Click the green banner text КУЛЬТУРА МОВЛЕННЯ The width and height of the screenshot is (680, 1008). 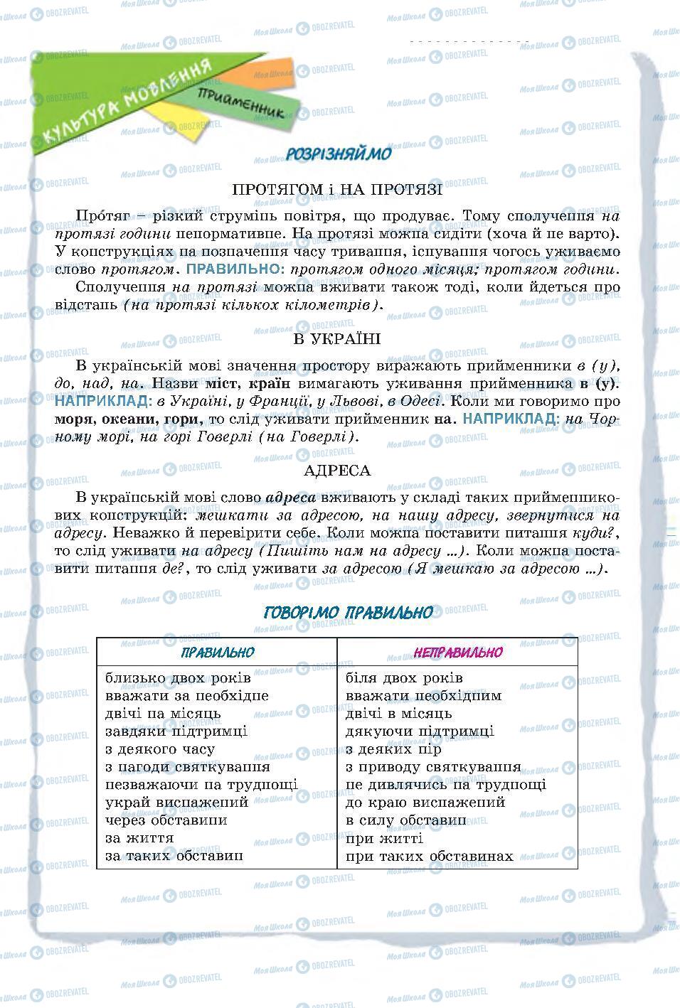click(128, 102)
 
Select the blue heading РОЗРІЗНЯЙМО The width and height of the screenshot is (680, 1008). click(338, 154)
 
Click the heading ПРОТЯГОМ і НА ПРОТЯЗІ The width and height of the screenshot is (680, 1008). click(337, 190)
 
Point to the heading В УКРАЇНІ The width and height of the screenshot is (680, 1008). click(337, 338)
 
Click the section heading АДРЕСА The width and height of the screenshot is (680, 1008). click(337, 470)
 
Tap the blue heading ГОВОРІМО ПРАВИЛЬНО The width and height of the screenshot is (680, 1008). click(348, 613)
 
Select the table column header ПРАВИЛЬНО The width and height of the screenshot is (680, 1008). click(217, 653)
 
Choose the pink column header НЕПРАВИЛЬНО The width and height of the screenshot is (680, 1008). click(457, 653)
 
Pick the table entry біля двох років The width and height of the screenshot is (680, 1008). click(404, 678)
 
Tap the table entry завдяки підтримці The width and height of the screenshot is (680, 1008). click(176, 731)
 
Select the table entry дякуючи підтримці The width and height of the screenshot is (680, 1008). click(419, 731)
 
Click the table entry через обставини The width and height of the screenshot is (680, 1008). click(166, 820)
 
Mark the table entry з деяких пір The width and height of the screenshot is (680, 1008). click(393, 749)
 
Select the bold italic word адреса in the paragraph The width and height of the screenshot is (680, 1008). click(290, 498)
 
